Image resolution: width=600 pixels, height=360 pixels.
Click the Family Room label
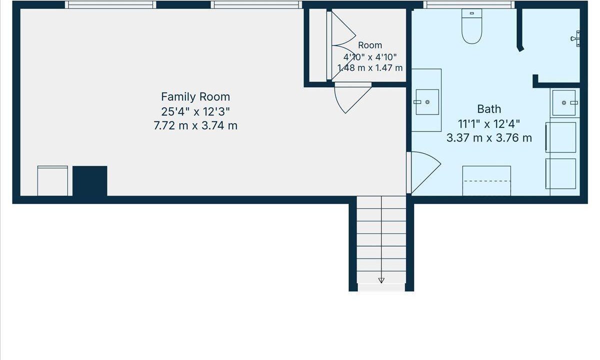(x=195, y=96)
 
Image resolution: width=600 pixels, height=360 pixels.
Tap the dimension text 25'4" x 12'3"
(x=195, y=111)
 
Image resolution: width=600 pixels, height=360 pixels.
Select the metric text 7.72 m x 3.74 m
(x=195, y=125)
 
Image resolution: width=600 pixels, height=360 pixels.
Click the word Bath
(x=489, y=109)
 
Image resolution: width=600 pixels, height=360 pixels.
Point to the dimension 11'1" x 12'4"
(x=489, y=124)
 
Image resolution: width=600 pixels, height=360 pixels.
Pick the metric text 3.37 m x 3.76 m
(x=489, y=138)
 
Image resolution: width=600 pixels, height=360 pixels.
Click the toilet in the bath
(x=471, y=26)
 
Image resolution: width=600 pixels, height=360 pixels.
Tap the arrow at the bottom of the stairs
(x=381, y=280)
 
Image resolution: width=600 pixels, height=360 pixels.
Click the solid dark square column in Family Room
(x=90, y=181)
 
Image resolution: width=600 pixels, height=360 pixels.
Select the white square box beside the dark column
(x=52, y=181)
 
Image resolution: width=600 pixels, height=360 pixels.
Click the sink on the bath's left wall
(x=427, y=102)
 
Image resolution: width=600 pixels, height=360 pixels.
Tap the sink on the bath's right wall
(x=564, y=102)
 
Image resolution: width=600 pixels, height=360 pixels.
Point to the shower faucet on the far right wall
(x=575, y=39)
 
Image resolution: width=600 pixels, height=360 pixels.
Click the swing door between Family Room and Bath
(x=423, y=172)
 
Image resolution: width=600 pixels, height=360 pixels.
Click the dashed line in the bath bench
(x=487, y=181)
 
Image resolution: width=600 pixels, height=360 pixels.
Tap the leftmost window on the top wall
(x=110, y=4)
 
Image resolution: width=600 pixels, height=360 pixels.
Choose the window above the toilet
(x=469, y=4)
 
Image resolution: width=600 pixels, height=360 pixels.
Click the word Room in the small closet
(x=370, y=45)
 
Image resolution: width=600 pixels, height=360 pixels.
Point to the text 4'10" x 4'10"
(x=370, y=57)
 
